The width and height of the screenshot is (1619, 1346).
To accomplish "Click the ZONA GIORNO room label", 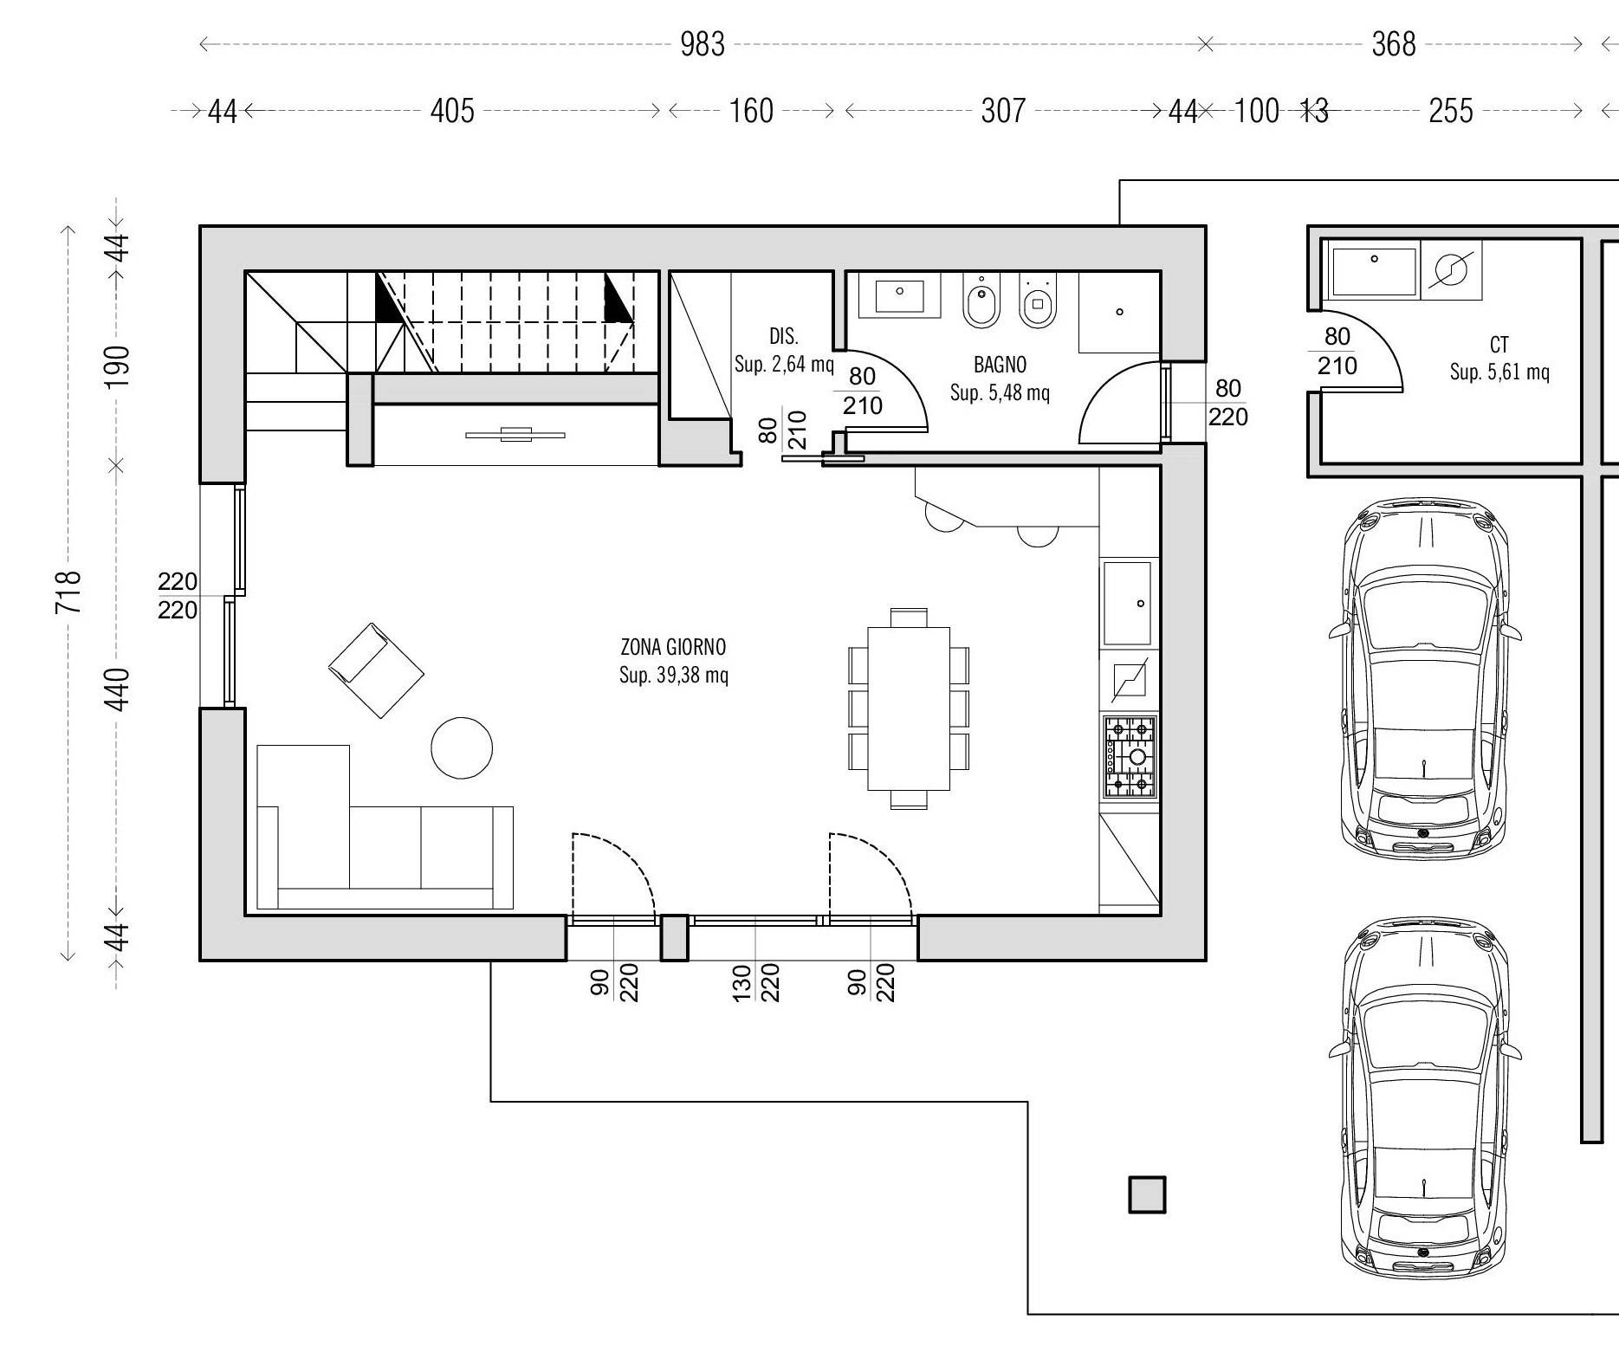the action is (673, 647).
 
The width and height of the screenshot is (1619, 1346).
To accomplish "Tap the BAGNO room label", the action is (1000, 365).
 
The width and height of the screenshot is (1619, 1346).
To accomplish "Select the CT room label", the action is (1499, 345).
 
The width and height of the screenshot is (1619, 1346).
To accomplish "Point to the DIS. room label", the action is (784, 336).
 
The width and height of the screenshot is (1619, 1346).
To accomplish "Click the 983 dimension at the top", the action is (702, 44).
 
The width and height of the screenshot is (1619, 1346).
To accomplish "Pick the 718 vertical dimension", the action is (68, 592).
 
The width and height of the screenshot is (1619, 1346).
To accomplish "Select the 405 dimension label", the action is (452, 111).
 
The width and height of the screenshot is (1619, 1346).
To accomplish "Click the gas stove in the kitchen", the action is (1130, 756).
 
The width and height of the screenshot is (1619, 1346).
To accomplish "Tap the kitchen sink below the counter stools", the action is (1128, 604).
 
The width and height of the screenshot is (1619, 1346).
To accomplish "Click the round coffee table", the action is (462, 747).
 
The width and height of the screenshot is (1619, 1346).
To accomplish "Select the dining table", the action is (909, 709).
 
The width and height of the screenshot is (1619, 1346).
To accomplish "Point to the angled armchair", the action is (376, 670).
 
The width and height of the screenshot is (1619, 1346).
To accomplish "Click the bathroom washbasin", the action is (900, 295).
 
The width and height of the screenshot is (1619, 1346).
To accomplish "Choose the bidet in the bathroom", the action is (981, 301).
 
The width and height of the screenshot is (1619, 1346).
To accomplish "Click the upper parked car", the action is (1425, 678).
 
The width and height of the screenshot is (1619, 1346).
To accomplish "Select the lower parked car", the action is (1425, 1098).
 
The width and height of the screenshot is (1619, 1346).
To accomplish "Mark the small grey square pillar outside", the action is (1147, 1194).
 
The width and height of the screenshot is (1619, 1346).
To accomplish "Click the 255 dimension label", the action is (1450, 111).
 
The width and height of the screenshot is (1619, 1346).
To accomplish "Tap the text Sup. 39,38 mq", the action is (673, 676).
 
